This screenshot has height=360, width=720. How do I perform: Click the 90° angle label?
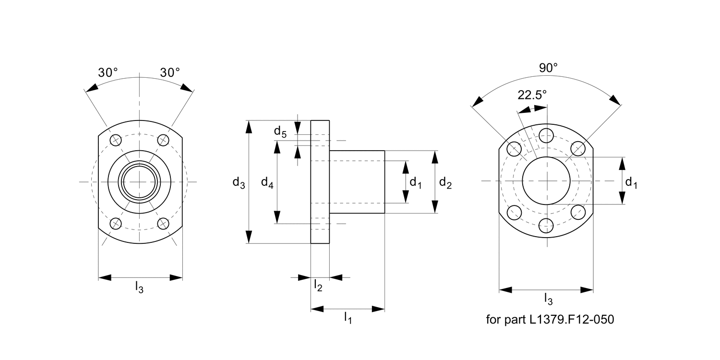548,68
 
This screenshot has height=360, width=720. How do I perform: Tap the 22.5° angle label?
532,95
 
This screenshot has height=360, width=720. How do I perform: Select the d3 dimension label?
239,182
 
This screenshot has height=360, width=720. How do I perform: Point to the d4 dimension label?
267,182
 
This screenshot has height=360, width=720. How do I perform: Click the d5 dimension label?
280,132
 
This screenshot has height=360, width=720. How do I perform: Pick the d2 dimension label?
445,183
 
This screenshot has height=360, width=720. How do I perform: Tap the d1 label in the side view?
415,183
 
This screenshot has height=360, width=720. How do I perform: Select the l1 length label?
348,318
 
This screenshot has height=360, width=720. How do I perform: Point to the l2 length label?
318,285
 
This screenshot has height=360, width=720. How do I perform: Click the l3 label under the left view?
139,287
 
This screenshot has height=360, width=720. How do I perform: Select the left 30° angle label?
108,72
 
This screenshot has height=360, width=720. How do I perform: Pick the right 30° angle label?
170,72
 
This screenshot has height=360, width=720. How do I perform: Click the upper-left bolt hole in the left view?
115,140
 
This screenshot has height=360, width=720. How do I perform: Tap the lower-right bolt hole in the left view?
163,224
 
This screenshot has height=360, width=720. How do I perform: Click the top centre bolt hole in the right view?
546,135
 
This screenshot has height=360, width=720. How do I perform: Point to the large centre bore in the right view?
546,180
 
